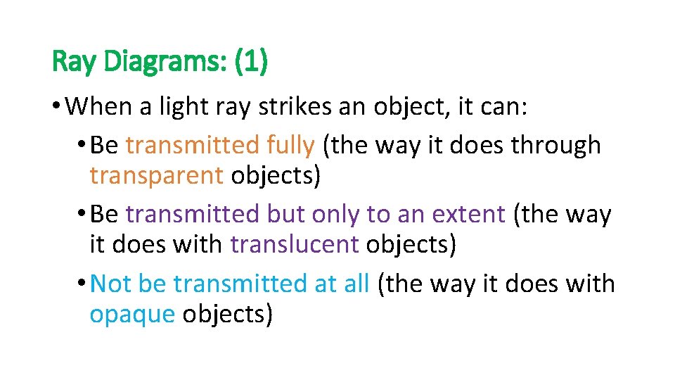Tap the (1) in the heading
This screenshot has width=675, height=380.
(x=251, y=63)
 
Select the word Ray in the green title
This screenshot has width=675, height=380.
(x=75, y=63)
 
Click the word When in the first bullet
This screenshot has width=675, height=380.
(x=102, y=108)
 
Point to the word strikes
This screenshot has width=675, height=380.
(x=289, y=108)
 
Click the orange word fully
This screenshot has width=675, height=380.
(x=290, y=146)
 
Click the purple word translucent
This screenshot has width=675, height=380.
(x=294, y=244)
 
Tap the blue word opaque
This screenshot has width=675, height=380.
(x=131, y=313)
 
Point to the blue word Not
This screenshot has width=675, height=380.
(x=111, y=284)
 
